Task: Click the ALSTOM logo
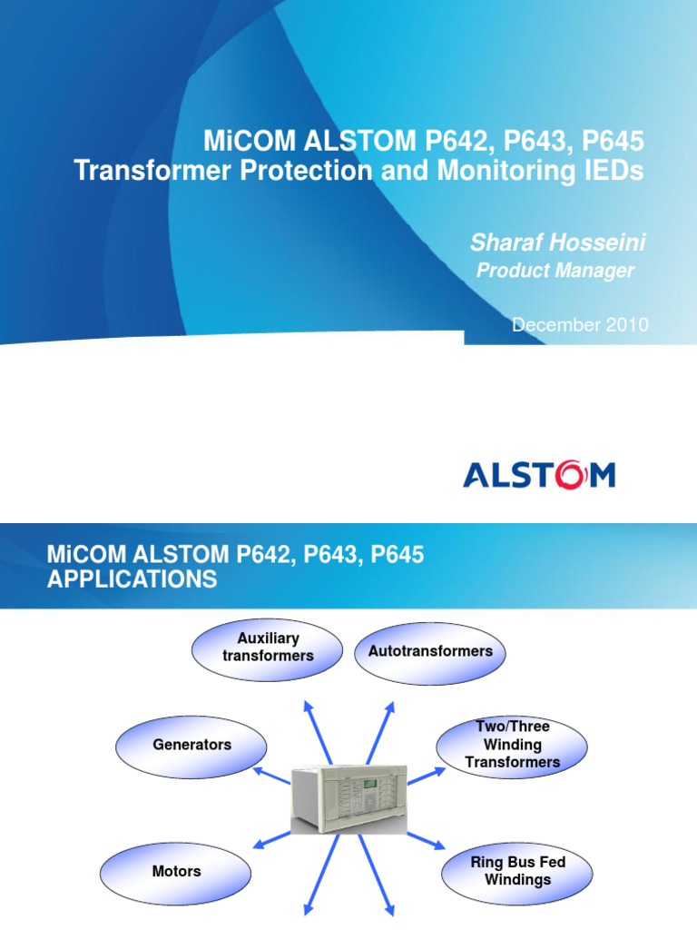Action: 539,475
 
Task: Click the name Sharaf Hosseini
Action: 558,242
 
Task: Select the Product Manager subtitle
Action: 555,272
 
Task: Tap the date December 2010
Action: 580,325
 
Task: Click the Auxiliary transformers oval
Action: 268,648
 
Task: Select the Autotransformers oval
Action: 430,651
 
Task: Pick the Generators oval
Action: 191,745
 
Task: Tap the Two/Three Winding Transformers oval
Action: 513,745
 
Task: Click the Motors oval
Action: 176,871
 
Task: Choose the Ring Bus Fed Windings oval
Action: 517,871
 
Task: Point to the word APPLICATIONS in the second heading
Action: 133,579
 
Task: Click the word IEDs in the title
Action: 611,171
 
